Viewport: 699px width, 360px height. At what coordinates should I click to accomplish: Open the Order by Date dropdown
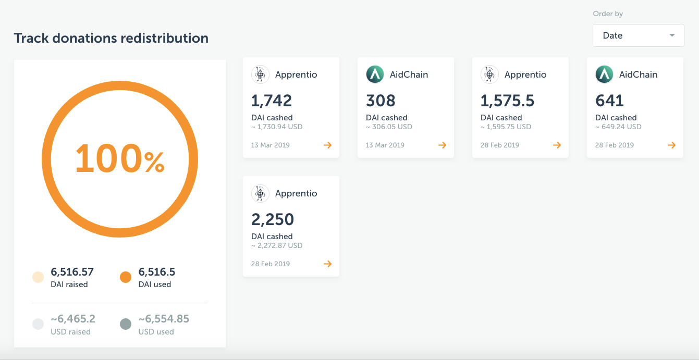pyautogui.click(x=638, y=35)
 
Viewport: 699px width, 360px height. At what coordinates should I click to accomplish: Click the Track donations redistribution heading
pyautogui.click(x=111, y=38)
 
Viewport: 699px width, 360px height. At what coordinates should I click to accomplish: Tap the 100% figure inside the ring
pyautogui.click(x=120, y=159)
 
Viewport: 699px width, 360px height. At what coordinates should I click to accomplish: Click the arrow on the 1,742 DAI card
pyautogui.click(x=327, y=145)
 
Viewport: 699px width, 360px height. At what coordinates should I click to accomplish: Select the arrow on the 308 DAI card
pyautogui.click(x=442, y=145)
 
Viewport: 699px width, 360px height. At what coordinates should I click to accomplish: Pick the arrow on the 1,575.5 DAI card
pyautogui.click(x=557, y=145)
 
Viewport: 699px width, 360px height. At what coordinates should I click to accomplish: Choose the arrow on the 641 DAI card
pyautogui.click(x=671, y=145)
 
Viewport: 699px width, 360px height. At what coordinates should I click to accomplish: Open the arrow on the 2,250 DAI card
pyautogui.click(x=327, y=264)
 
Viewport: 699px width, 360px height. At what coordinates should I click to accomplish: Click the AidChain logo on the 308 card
pyautogui.click(x=375, y=75)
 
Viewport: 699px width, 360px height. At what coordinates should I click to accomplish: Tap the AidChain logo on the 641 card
pyautogui.click(x=604, y=75)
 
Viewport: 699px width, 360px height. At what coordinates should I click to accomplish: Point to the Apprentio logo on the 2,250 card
pyautogui.click(x=260, y=193)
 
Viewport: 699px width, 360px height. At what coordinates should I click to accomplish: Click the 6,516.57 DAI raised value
pyautogui.click(x=72, y=271)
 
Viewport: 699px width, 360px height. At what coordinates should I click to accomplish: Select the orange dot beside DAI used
pyautogui.click(x=126, y=277)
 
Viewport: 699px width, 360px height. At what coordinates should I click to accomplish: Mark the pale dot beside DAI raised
pyautogui.click(x=38, y=277)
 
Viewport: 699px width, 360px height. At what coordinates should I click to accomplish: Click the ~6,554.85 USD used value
pyautogui.click(x=164, y=319)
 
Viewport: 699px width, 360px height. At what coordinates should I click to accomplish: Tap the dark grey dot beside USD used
pyautogui.click(x=126, y=325)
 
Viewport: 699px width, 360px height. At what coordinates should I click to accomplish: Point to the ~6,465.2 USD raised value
pyautogui.click(x=73, y=319)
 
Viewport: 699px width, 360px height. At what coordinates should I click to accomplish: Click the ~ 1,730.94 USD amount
pyautogui.click(x=277, y=127)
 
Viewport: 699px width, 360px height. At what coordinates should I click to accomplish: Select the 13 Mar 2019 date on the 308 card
pyautogui.click(x=385, y=145)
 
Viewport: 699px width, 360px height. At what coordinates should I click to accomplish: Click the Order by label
pyautogui.click(x=608, y=14)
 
